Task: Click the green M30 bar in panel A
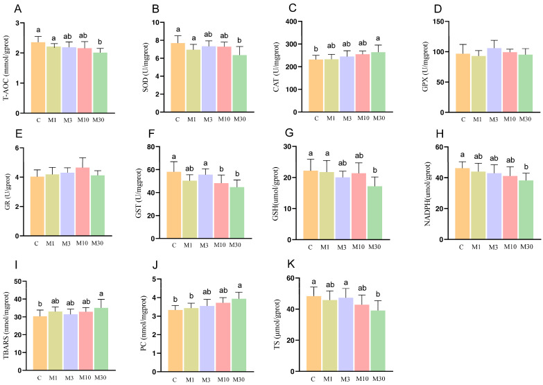[100, 83]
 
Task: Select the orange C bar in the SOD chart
[178, 78]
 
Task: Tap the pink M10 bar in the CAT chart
[363, 83]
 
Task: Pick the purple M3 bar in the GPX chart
[494, 80]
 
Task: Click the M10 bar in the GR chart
[83, 202]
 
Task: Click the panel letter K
[291, 264]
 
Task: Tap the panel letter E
[19, 134]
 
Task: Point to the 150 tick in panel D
[439, 22]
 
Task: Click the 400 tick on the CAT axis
[291, 22]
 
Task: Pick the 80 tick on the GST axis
[151, 146]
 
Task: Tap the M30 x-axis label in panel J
[239, 380]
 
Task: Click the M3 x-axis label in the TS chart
[345, 379]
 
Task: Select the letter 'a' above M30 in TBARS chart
[101, 294]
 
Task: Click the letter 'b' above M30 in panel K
[378, 295]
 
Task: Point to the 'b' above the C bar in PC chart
[175, 300]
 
